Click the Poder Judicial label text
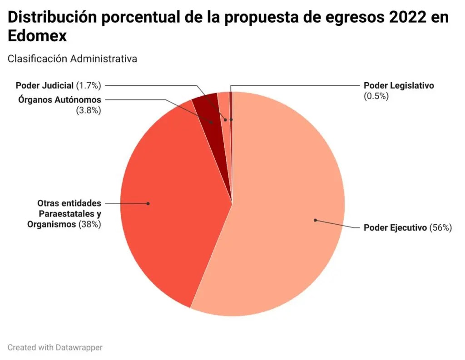pos(44,85)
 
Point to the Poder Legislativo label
pos(399,85)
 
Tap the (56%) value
pos(440,227)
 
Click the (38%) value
pos(90,224)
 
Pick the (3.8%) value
pos(89,110)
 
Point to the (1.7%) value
pos(89,85)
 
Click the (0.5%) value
pos(376,96)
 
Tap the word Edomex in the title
pos(37,36)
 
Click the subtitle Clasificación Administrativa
pos(72,59)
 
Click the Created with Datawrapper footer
pos(55,347)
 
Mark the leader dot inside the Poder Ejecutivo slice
pos(315,220)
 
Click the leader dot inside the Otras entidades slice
pos(148,203)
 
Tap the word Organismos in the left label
pos(51,224)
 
